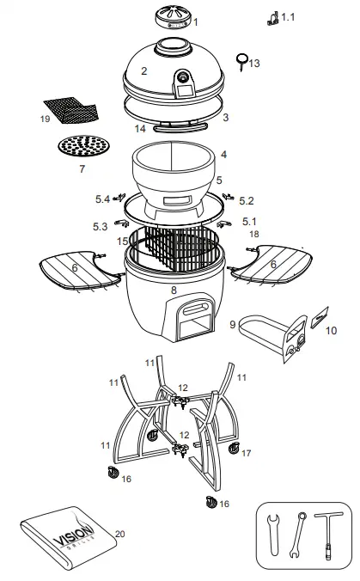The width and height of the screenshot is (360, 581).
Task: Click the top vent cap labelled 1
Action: pos(174,18)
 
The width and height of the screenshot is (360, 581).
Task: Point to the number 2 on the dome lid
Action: pos(144,71)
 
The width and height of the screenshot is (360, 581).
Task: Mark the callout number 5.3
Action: pos(101,227)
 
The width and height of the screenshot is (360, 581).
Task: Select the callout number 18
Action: pos(254,234)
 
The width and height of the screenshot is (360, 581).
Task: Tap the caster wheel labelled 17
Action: pos(234,447)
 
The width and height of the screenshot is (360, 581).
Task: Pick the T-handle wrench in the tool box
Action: pos(326,535)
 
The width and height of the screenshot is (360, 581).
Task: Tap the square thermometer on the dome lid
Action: pos(182,82)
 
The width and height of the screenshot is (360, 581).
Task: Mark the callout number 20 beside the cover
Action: pos(119,534)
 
